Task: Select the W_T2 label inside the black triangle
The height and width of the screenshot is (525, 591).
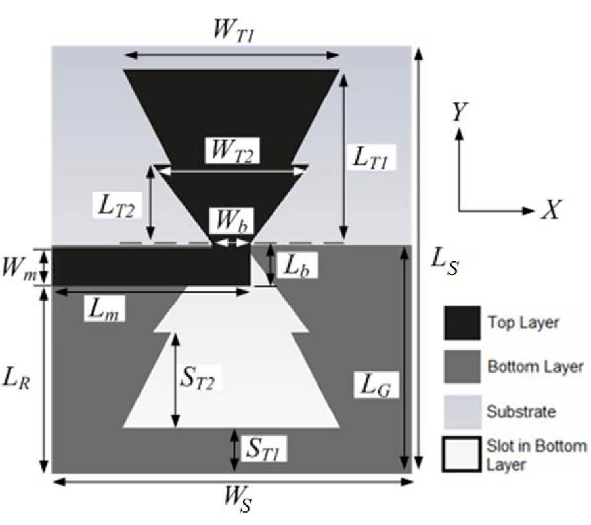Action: pyautogui.click(x=231, y=151)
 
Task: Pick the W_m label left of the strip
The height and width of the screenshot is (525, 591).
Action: pyautogui.click(x=24, y=269)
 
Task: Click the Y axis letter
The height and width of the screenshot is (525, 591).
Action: pyautogui.click(x=460, y=114)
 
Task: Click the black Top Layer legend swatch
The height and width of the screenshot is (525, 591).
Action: pyautogui.click(x=461, y=323)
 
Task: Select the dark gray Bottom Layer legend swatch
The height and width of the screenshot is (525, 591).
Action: pyautogui.click(x=461, y=367)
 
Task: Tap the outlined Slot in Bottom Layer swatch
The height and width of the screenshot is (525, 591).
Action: pyautogui.click(x=461, y=455)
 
